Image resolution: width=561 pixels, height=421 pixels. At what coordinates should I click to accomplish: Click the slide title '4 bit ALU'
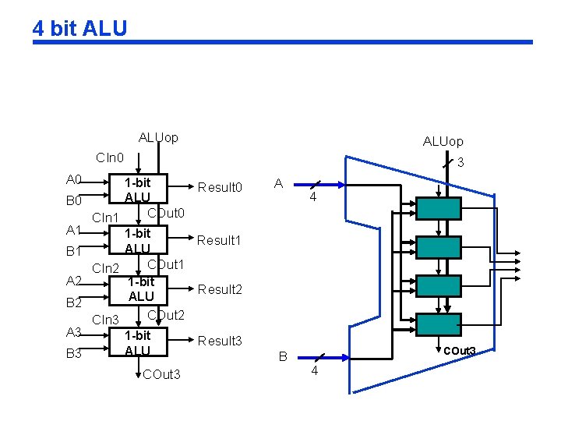click(x=79, y=29)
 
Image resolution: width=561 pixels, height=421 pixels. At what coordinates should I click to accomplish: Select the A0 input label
click(x=75, y=179)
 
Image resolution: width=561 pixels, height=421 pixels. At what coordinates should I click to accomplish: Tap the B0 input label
click(x=75, y=201)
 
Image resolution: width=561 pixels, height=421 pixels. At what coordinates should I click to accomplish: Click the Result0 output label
click(x=221, y=187)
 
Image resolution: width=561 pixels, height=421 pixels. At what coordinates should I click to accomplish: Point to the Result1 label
click(x=220, y=240)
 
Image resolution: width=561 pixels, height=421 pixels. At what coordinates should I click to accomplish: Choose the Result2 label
click(x=221, y=289)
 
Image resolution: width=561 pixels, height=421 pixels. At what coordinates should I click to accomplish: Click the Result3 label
click(x=221, y=341)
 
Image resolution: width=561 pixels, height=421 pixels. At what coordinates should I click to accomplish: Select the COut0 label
click(x=165, y=214)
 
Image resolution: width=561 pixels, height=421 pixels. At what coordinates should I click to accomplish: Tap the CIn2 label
click(x=106, y=268)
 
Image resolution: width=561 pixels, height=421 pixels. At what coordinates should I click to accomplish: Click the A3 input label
click(x=75, y=333)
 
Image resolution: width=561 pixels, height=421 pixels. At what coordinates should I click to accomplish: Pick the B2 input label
click(x=75, y=302)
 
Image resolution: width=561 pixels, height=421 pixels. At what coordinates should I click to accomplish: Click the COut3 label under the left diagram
click(x=161, y=375)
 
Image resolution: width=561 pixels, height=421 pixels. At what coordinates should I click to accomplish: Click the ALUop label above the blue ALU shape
click(x=443, y=141)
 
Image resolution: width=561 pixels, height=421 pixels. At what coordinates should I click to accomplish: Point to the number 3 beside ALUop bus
click(x=460, y=163)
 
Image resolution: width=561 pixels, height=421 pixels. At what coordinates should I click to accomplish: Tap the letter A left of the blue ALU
click(x=278, y=184)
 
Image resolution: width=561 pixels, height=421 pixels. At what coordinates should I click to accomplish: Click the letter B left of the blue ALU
click(x=284, y=357)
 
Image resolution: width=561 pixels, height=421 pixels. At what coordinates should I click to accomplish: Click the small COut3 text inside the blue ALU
click(x=459, y=351)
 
